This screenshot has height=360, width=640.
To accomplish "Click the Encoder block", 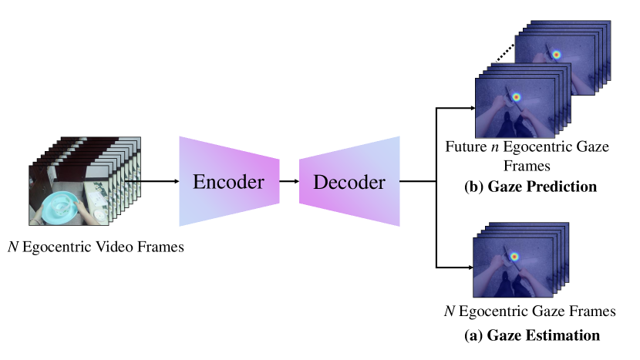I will click(x=228, y=182).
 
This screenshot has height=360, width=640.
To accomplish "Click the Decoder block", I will click(x=350, y=182).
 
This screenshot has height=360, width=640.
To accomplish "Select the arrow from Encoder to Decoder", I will click(x=288, y=182).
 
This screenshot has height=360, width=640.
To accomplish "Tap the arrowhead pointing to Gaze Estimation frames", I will click(x=468, y=267).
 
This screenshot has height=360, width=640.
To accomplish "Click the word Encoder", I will click(x=228, y=183).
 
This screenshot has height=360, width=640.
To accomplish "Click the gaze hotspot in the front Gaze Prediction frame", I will click(x=516, y=97).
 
